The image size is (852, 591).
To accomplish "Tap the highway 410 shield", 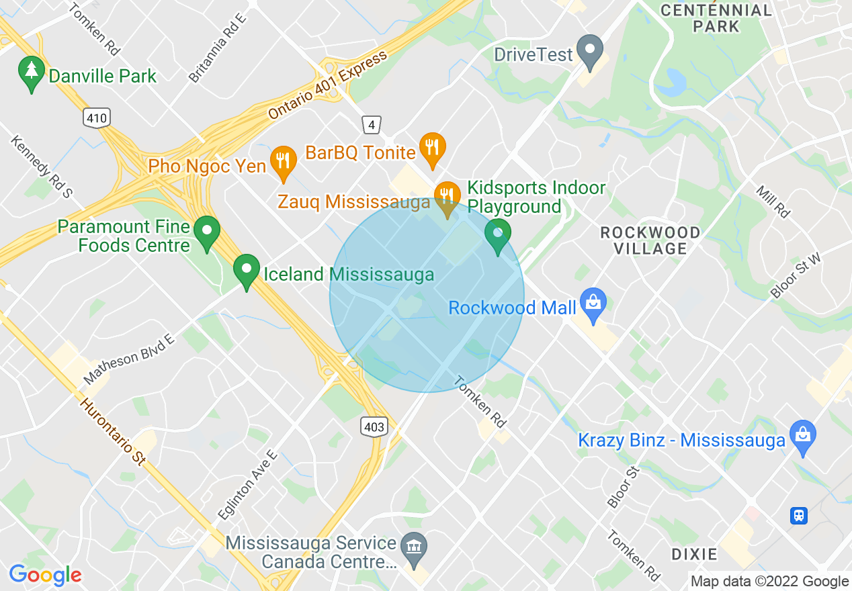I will point(97,118).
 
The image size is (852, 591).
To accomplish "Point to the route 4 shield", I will point(371,124).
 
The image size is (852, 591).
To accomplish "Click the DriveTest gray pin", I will point(591,51).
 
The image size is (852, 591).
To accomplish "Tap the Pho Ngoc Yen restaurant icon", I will point(283,162).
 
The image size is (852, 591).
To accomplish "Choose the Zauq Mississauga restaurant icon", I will point(446,197).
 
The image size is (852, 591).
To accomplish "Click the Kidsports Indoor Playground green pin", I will point(498,235).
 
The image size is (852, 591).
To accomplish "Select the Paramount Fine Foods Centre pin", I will point(207,232).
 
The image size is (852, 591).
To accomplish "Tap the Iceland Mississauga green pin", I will point(247,271).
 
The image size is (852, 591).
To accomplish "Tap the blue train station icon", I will point(799,515).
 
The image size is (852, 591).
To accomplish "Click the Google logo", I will point(45,575).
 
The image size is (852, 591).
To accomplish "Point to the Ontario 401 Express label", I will point(328,85).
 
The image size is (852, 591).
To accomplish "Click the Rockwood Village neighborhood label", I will point(650,240).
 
